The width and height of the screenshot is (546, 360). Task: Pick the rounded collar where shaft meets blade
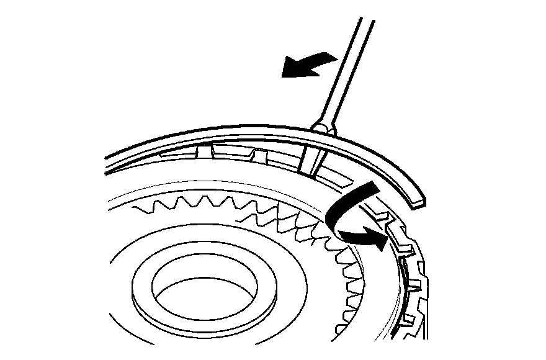point(323,127)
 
